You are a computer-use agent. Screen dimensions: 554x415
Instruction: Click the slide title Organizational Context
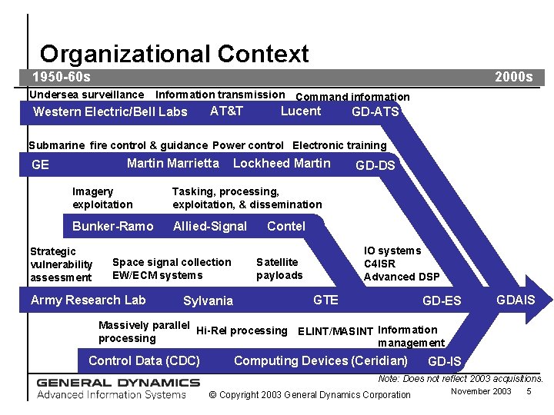tap(174, 54)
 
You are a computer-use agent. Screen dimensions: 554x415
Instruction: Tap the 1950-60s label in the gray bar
tap(61, 77)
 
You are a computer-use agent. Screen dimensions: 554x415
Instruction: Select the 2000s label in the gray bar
tap(513, 77)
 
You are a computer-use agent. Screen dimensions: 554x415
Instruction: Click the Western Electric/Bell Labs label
tap(110, 112)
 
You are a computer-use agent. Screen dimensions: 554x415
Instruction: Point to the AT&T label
tap(226, 111)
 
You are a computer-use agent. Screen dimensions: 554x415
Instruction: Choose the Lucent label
tap(300, 111)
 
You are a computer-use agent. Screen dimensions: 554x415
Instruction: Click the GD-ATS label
tap(375, 112)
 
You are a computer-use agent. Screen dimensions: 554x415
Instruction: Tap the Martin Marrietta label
tap(172, 163)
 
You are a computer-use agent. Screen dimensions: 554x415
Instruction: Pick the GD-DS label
tap(375, 165)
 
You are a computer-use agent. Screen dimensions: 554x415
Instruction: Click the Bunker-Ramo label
tap(112, 226)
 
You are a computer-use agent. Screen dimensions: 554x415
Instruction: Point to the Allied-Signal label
tap(209, 226)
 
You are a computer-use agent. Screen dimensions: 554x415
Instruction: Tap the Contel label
tap(285, 226)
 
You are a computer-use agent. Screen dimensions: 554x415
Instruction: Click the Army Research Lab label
tap(88, 300)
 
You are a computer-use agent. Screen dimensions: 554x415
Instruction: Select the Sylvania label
tap(208, 300)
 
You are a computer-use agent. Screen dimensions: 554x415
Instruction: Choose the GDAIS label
tap(515, 299)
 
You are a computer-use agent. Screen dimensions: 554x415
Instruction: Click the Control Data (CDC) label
tap(144, 360)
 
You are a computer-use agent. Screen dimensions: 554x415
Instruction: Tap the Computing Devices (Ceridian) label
tap(320, 360)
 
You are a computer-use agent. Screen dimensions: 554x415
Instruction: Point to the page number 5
tap(529, 391)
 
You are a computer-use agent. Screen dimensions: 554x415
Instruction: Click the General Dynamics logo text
tap(118, 382)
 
